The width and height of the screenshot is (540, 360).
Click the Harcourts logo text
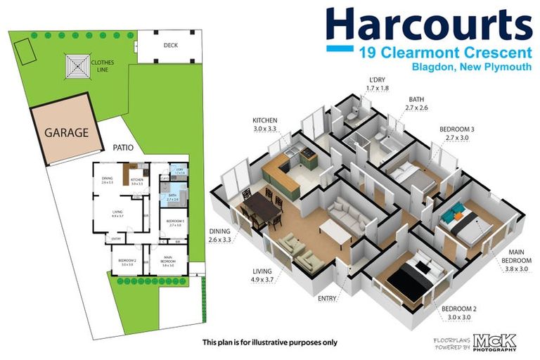pos(428,25)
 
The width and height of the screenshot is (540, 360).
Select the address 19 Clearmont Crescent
pos(444,53)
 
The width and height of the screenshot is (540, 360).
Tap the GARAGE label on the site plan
pos(67,131)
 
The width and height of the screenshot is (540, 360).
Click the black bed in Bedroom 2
pos(411,277)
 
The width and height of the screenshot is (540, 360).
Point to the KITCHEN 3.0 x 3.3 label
pos(265,125)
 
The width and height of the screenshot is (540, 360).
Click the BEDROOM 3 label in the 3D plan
pos(457,134)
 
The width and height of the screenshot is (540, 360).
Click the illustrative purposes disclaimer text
pos(270,342)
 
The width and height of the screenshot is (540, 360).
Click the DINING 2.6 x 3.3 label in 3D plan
pos(220,236)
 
